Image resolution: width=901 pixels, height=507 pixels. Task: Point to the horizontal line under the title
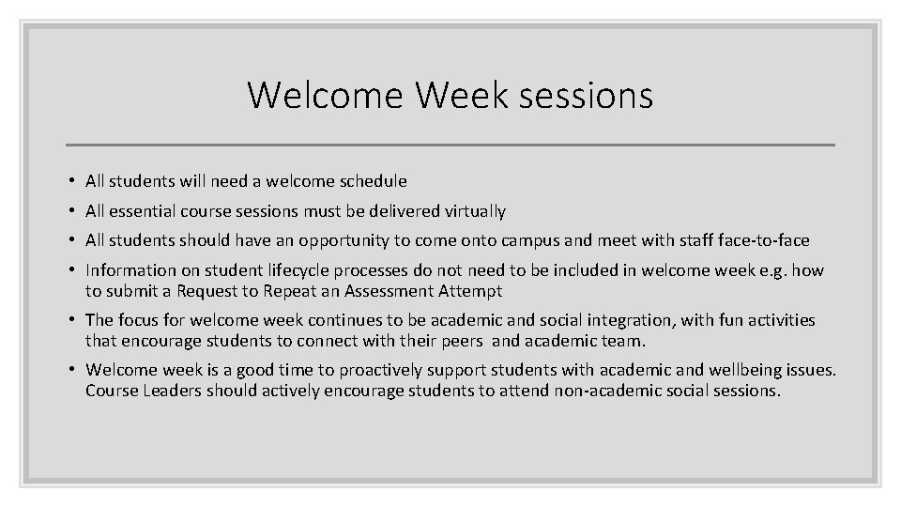click(x=450, y=146)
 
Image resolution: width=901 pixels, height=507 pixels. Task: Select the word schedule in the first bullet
click(x=374, y=181)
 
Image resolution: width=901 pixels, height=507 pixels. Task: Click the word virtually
click(x=471, y=211)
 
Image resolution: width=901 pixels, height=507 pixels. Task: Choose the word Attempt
click(x=469, y=292)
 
